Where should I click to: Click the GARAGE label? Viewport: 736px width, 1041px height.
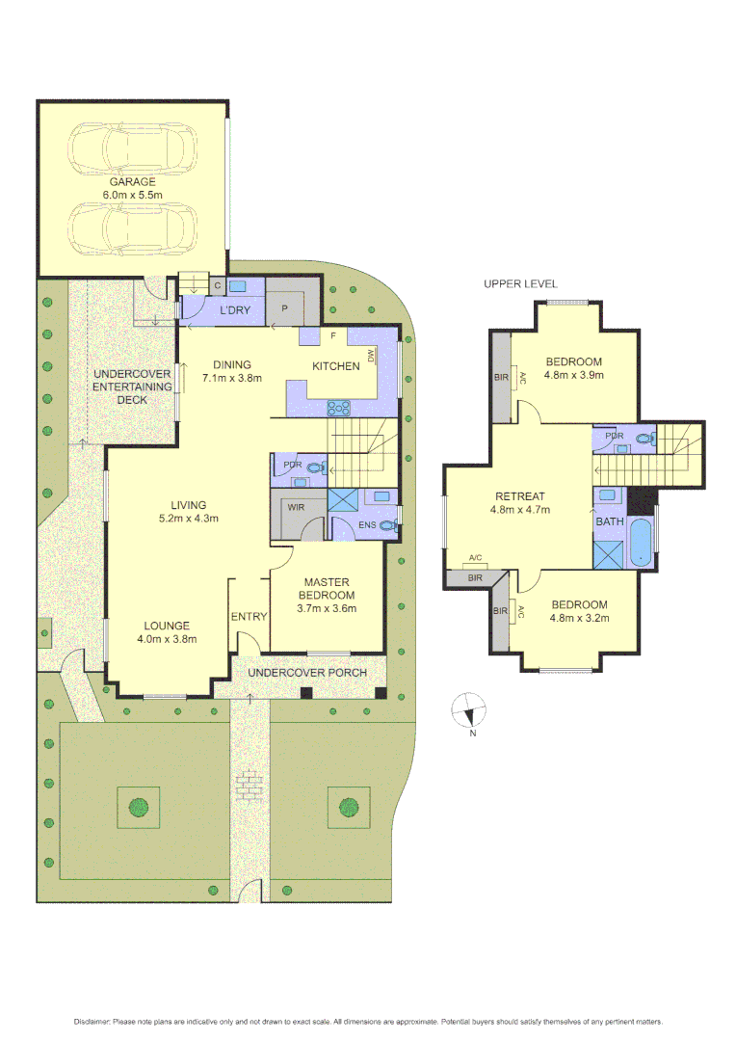(132, 181)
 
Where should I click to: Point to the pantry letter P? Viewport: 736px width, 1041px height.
(284, 308)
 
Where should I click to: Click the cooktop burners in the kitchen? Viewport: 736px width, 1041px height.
(339, 407)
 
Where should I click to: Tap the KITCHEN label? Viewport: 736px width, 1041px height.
(335, 365)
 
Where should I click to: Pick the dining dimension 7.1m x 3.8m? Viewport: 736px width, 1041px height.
(232, 378)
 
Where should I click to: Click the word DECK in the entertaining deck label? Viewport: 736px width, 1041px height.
(132, 399)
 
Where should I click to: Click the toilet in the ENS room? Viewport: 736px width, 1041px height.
(388, 525)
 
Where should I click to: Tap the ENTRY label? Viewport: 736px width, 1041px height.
(249, 617)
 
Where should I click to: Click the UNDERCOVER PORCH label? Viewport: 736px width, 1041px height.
(307, 672)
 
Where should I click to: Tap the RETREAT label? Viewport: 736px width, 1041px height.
(519, 496)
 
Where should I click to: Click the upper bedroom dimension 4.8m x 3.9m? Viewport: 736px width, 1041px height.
(573, 375)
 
